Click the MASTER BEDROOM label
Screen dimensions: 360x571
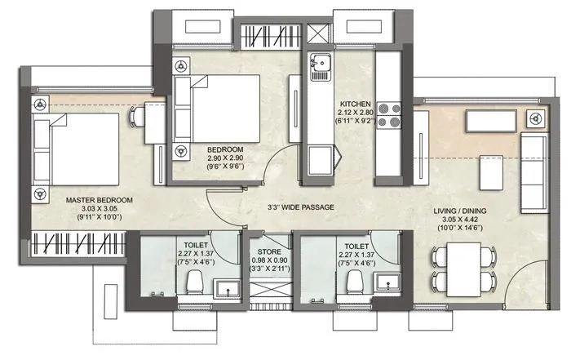tap(81, 199)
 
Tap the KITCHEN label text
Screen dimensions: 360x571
tap(356, 104)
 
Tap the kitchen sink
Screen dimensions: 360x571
tap(319, 63)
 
